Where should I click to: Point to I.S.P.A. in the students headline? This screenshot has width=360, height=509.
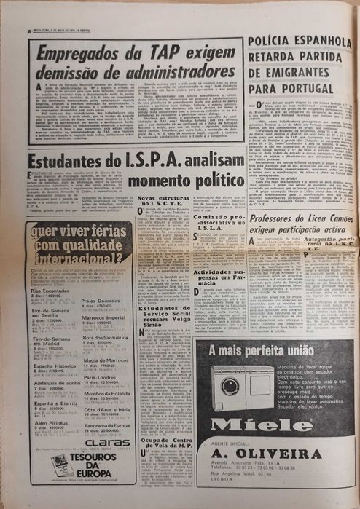[143, 162]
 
